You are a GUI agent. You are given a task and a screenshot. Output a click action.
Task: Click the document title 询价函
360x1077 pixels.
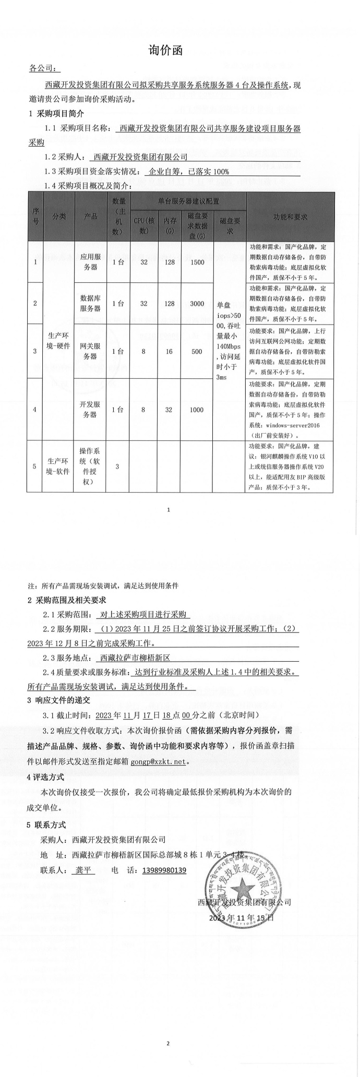point(166,51)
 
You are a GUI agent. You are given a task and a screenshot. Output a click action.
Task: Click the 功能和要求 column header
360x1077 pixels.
point(290,217)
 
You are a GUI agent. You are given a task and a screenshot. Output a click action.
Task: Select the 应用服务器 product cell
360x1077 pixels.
point(90,262)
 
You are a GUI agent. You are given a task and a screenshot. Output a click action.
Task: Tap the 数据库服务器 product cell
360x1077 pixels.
point(90,303)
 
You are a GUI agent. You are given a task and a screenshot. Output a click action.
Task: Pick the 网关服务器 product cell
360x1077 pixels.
point(90,351)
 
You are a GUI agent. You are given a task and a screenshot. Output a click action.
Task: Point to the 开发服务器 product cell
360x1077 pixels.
point(90,409)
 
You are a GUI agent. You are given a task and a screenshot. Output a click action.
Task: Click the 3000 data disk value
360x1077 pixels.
point(197,304)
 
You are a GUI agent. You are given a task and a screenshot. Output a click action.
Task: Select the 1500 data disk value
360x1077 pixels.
point(197,262)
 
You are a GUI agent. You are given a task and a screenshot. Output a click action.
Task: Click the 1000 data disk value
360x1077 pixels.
point(197,410)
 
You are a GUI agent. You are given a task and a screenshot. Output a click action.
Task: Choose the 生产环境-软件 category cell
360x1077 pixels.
point(58,466)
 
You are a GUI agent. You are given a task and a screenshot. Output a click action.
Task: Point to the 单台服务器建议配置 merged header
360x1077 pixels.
point(188,200)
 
